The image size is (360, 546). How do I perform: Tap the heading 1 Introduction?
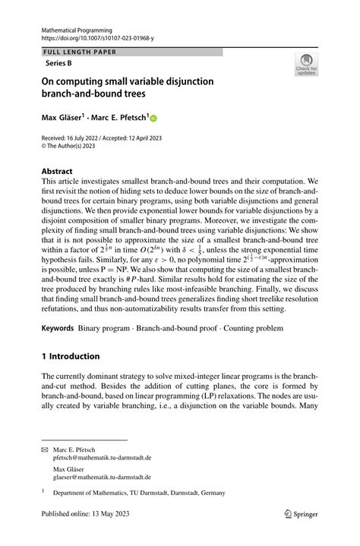pos(71,356)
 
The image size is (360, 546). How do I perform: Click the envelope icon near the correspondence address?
pos(45,450)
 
